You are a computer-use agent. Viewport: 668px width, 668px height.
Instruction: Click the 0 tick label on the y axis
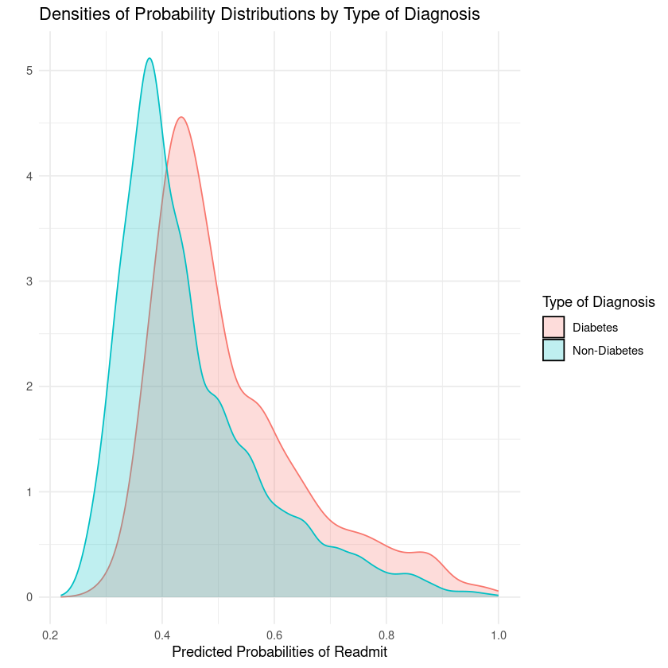(29, 597)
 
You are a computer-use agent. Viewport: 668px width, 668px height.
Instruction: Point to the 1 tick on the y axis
(29, 492)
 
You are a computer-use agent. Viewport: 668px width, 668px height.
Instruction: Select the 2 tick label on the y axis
(29, 386)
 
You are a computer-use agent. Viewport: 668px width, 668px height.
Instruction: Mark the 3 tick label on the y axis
(29, 282)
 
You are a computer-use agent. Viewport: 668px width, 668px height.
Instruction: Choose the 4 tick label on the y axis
(29, 176)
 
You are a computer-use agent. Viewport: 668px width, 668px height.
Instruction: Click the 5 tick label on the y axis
(29, 71)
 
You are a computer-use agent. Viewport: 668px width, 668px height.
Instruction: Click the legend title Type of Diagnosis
(598, 302)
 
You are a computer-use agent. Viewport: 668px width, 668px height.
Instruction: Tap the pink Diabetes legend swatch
(553, 327)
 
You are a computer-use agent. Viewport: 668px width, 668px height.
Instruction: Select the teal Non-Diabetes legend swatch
(553, 350)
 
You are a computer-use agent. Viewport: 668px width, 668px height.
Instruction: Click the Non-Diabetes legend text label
(608, 350)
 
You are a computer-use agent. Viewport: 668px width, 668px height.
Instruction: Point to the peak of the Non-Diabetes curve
(149, 58)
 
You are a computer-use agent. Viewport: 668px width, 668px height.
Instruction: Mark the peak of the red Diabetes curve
(182, 118)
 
